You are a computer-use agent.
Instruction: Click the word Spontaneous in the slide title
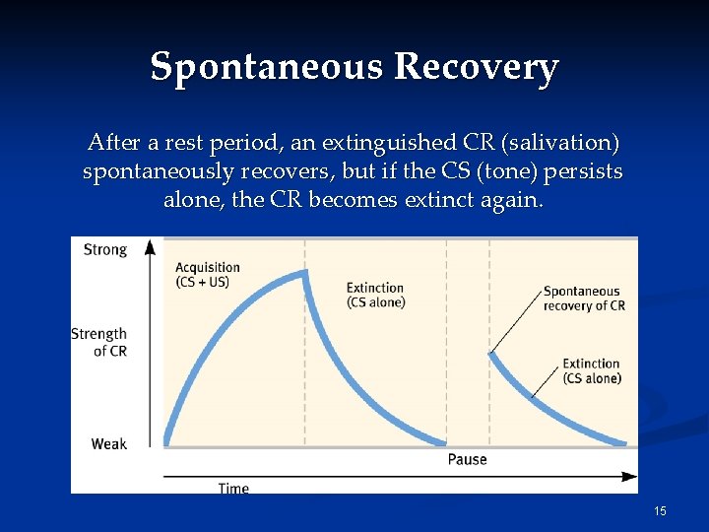tap(267, 67)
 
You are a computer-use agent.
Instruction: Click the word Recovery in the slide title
tap(476, 67)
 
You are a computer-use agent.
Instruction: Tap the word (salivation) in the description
tap(560, 144)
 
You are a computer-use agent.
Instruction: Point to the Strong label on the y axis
tap(105, 249)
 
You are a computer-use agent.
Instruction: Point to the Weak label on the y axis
tap(109, 443)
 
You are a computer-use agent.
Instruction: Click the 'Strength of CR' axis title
tap(99, 342)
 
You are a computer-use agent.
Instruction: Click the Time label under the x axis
tap(233, 489)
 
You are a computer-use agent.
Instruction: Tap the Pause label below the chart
tap(467, 459)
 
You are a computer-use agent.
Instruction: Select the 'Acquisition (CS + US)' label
tap(207, 275)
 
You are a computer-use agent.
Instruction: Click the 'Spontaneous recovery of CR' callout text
tap(584, 298)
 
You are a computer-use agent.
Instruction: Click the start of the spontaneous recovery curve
tap(490, 353)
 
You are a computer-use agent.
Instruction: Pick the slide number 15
tap(660, 510)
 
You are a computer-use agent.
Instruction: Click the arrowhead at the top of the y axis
tap(150, 244)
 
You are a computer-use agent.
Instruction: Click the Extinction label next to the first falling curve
tap(375, 295)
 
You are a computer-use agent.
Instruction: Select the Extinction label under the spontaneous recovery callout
tap(591, 370)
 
